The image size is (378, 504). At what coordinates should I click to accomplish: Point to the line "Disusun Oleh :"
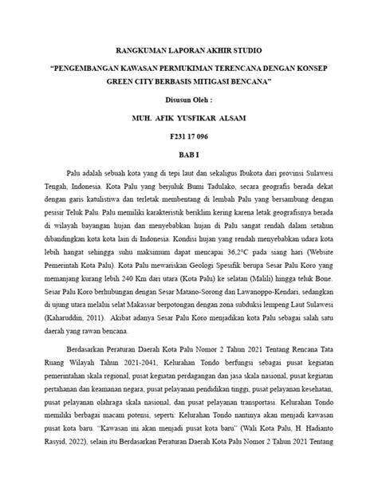(x=189, y=100)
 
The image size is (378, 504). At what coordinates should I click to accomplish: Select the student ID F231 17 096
(x=189, y=136)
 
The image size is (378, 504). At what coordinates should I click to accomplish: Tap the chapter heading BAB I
(x=189, y=153)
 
